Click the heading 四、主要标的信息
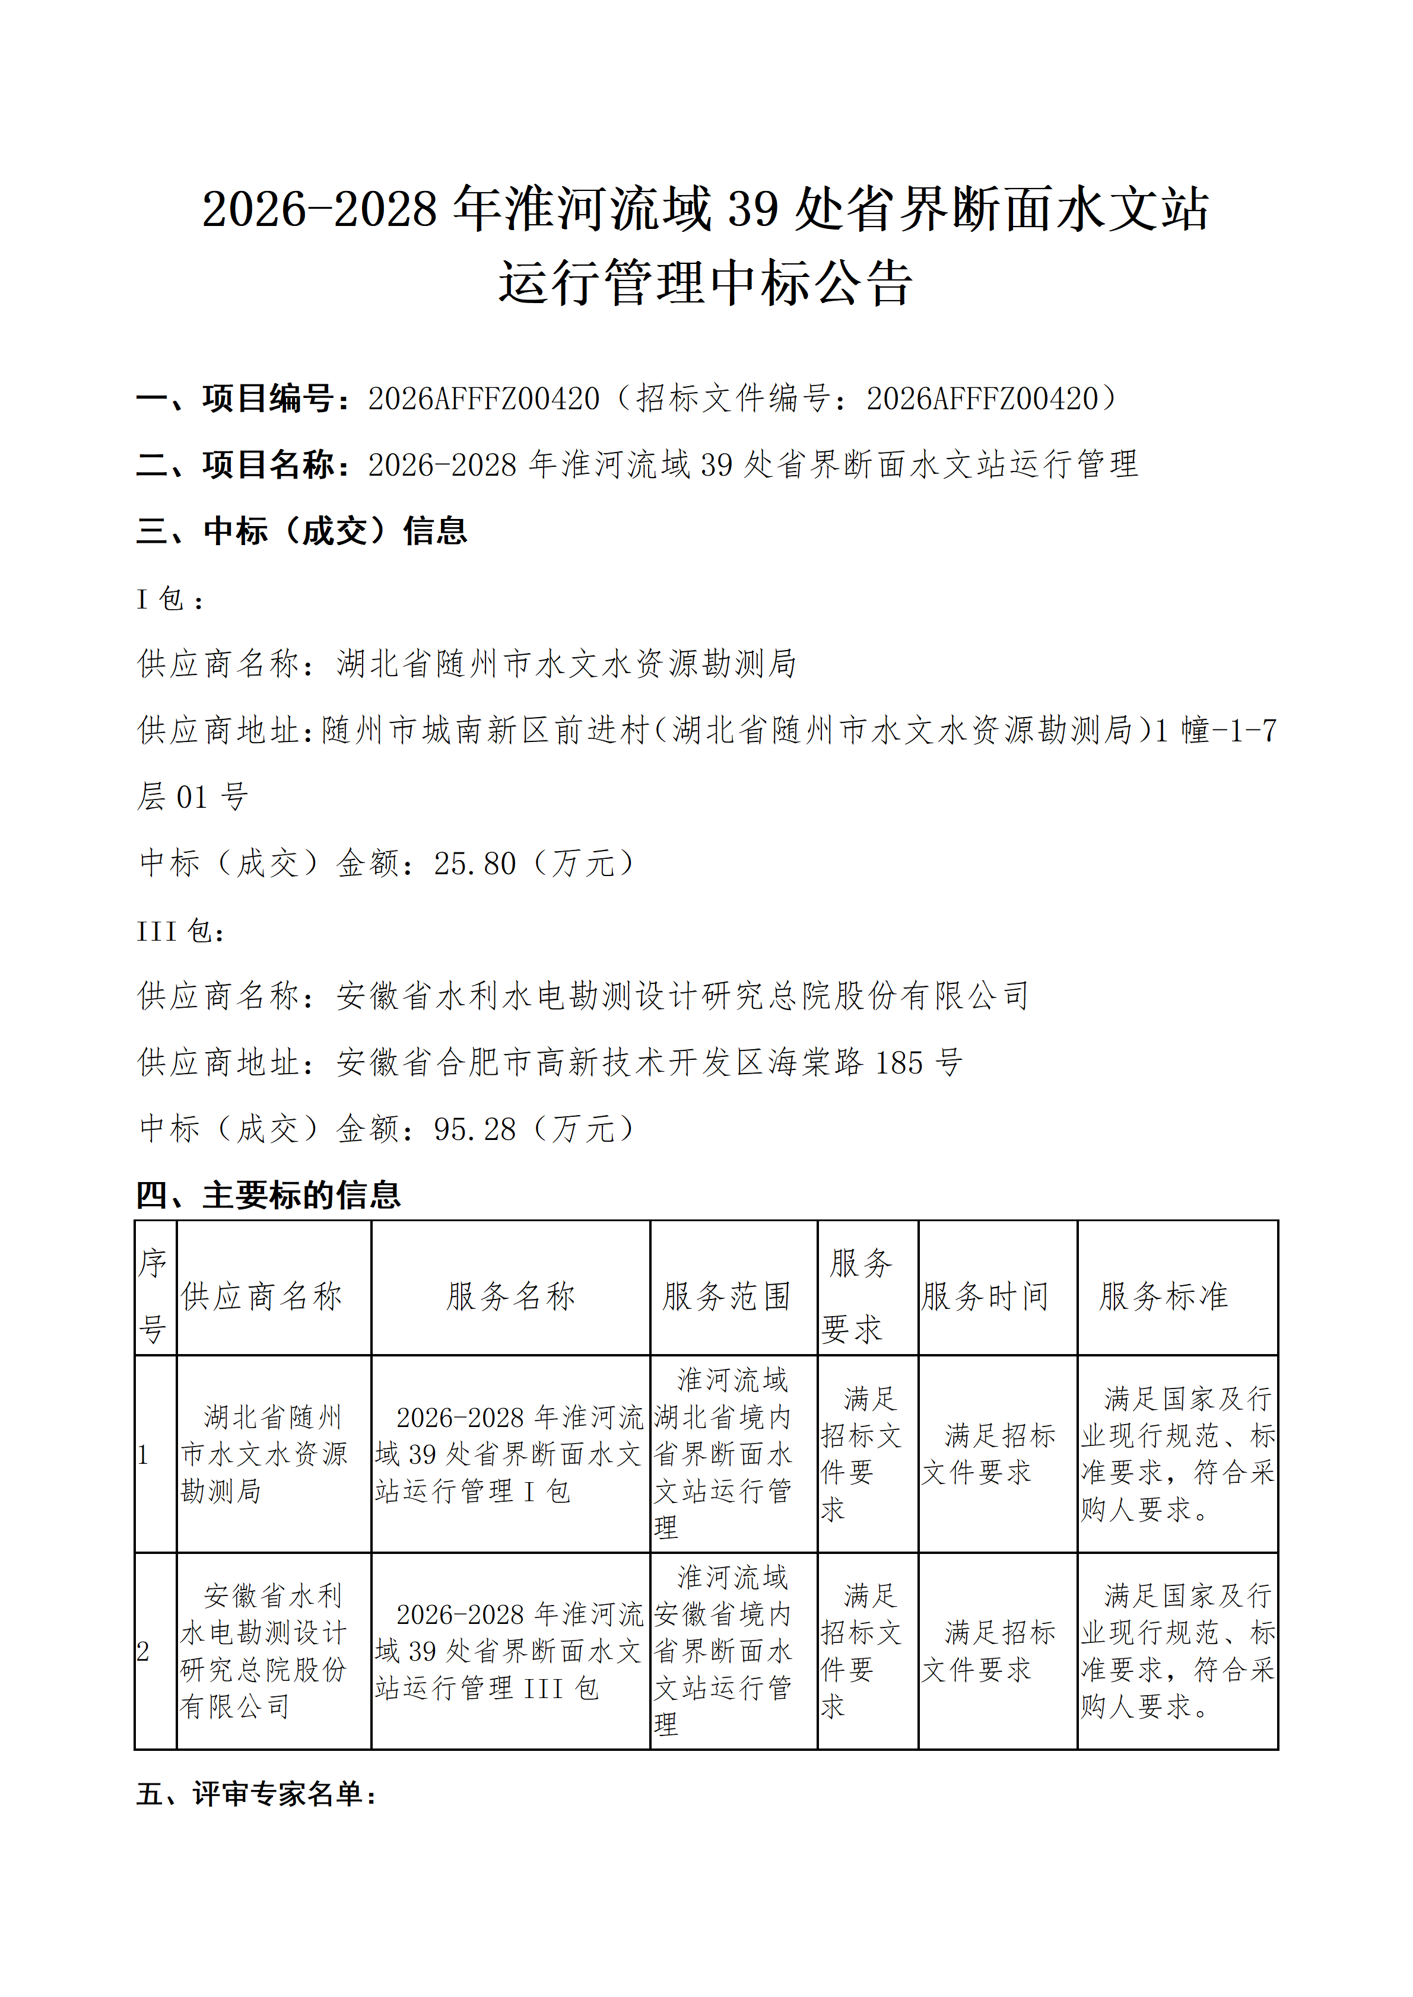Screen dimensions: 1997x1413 (268, 1196)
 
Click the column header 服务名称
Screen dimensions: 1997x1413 (511, 1297)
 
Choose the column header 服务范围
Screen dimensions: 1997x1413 (726, 1297)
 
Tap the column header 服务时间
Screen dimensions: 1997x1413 (985, 1297)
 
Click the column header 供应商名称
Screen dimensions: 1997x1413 (262, 1297)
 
